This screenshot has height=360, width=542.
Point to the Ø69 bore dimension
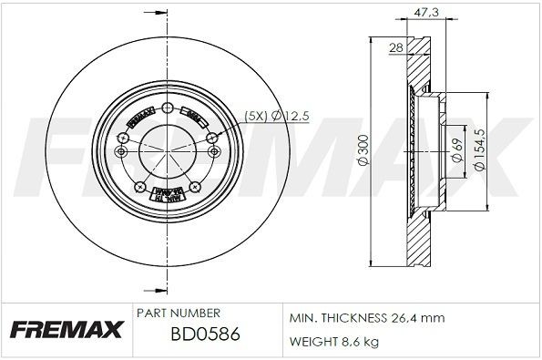(455, 149)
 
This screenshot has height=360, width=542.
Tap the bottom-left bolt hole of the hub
(140, 188)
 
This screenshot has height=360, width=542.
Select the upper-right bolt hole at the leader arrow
(211, 138)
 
